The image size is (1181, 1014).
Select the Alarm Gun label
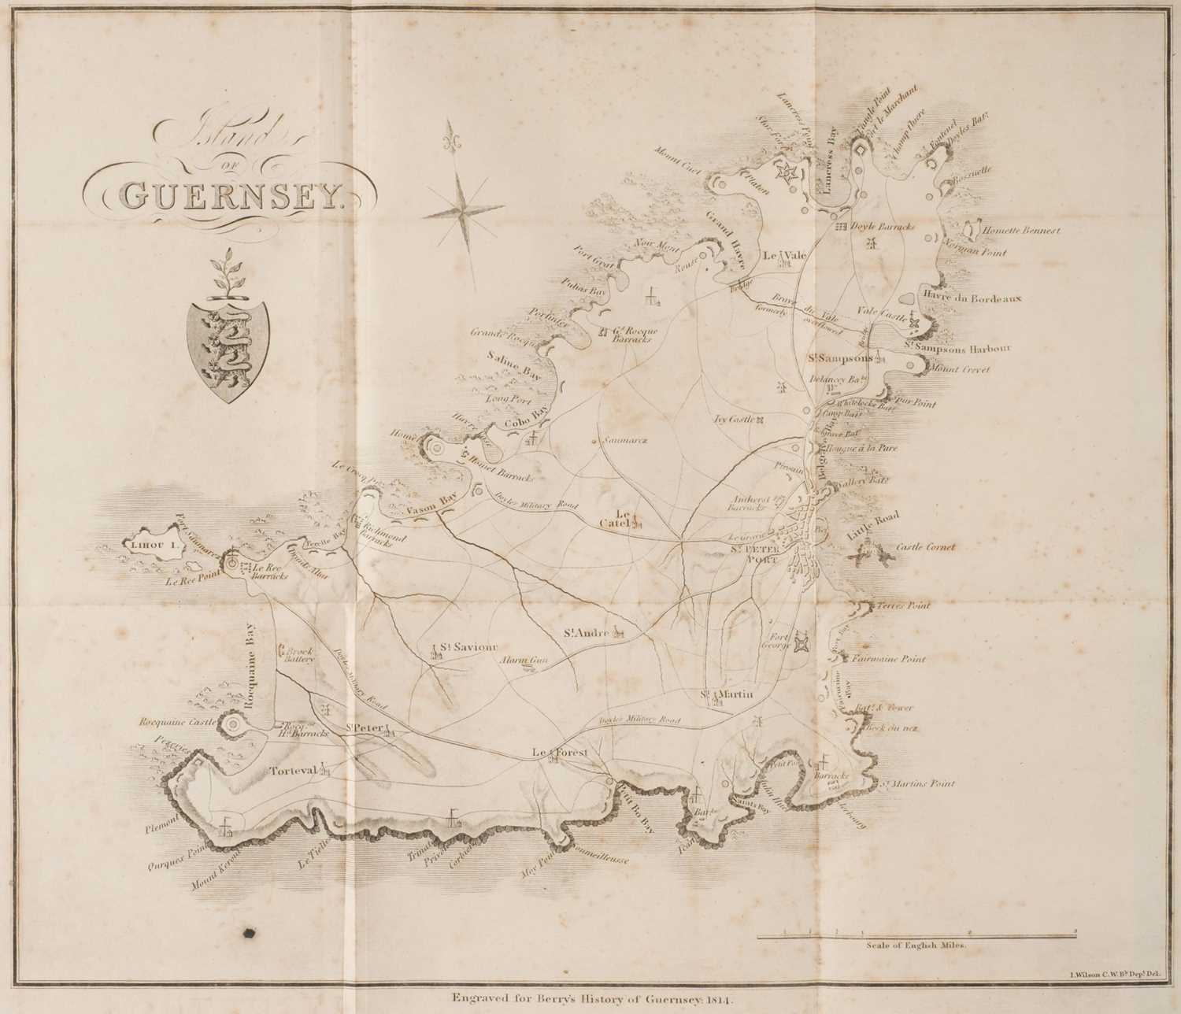[524, 661]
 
